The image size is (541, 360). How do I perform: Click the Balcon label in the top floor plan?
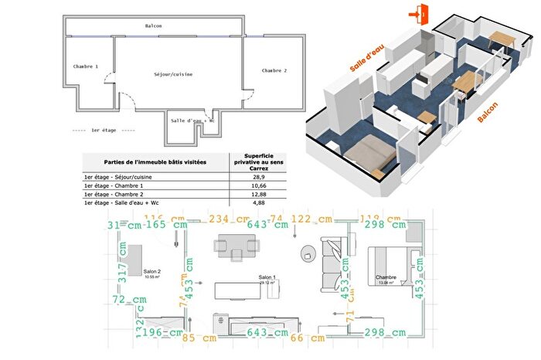coord(153,26)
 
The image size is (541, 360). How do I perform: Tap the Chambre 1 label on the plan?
coord(86,67)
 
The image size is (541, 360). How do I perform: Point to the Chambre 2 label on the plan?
coord(274,70)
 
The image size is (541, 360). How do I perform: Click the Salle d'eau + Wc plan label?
coord(192,121)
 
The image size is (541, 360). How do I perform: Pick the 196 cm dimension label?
coord(164,333)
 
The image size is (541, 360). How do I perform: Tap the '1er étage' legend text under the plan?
coord(103,131)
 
